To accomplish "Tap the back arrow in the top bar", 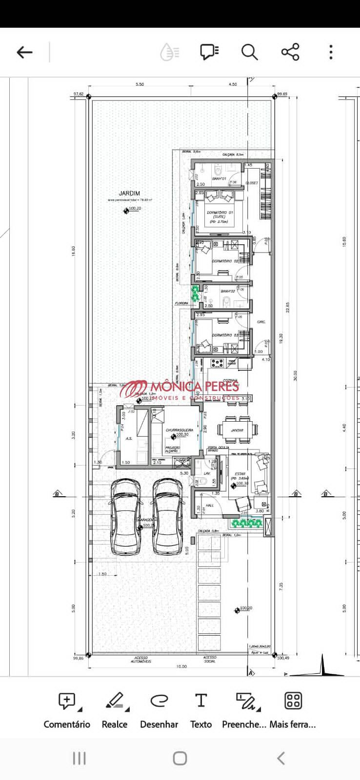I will click(24, 52).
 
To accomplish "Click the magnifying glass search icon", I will click(249, 52).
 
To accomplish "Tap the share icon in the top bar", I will click(290, 52).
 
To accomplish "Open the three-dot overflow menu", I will click(331, 52).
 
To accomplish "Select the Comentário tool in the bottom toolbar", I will click(67, 710).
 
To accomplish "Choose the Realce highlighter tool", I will click(115, 710).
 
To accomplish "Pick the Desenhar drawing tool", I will click(159, 710).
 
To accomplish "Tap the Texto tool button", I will click(200, 710).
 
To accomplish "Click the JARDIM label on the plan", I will click(129, 194).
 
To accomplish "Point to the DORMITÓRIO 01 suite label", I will click(220, 213).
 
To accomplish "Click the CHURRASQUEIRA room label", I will click(179, 430).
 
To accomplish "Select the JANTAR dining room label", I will click(237, 430).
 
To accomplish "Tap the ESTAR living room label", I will click(240, 474).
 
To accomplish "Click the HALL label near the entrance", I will click(210, 506).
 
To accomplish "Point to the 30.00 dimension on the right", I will click(295, 376).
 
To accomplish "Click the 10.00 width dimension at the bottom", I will click(181, 666).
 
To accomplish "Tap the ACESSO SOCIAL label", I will click(210, 659).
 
